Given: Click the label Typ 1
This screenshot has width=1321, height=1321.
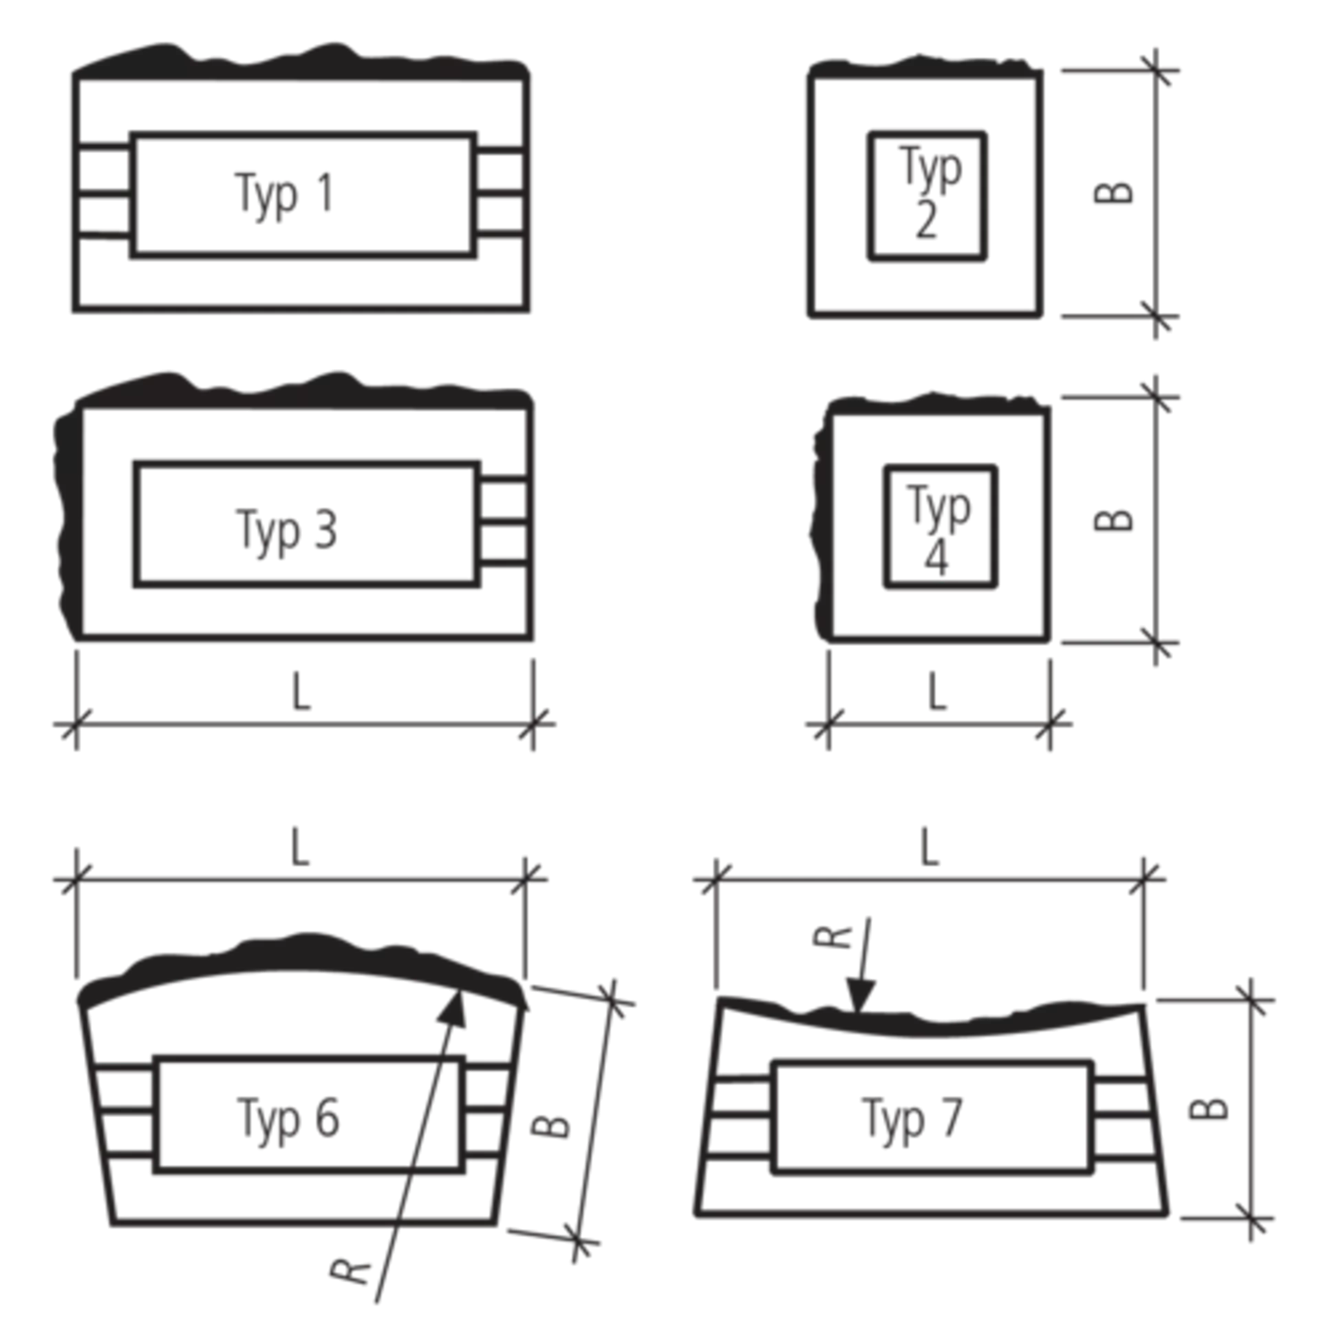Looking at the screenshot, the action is (286, 195).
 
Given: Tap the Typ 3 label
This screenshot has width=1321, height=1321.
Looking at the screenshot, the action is (288, 531).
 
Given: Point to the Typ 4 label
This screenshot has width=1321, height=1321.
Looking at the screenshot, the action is (938, 528).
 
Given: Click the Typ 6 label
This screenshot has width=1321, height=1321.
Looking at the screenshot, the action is (289, 1119).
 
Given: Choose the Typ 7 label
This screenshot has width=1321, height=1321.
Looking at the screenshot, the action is (912, 1119).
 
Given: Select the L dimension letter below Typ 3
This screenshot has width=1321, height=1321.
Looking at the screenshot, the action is (301, 691).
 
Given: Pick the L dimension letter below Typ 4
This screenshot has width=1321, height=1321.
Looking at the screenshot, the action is (937, 691).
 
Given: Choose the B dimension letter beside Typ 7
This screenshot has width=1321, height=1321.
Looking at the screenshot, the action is (1209, 1108).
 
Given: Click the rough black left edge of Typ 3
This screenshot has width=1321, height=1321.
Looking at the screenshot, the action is (69, 523).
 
